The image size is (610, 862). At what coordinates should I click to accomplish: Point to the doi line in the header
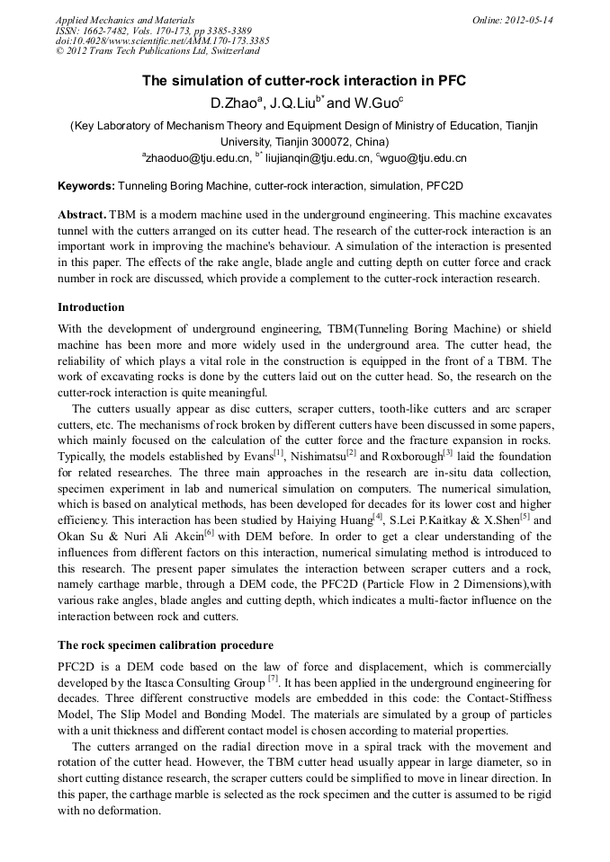click(162, 41)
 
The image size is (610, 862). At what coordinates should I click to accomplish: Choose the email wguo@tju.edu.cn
click(424, 158)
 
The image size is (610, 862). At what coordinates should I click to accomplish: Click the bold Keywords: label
click(86, 186)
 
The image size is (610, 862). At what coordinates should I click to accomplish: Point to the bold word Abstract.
click(82, 216)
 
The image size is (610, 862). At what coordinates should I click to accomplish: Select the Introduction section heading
click(91, 307)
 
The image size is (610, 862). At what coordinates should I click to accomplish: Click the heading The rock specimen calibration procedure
click(166, 645)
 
